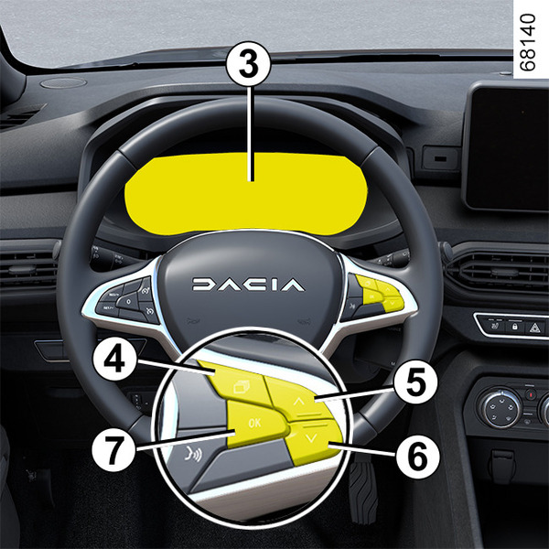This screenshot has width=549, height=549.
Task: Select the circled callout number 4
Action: [x=114, y=360]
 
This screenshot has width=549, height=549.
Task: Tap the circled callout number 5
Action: [x=415, y=382]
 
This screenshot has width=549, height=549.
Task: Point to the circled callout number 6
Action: [x=418, y=455]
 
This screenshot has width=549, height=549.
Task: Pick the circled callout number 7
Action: [x=113, y=449]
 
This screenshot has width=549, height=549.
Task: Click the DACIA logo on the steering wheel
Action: [x=248, y=285]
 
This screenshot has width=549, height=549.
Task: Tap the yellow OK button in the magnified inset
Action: [x=256, y=425]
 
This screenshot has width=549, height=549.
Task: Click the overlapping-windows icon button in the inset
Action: [x=242, y=386]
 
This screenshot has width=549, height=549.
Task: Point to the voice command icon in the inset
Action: [x=193, y=455]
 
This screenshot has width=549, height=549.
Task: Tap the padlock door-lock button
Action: [x=514, y=328]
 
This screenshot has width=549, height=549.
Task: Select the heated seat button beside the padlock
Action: [x=494, y=327]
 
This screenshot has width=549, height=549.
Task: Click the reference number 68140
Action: [x=528, y=42]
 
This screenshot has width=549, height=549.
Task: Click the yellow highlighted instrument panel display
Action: [x=245, y=194]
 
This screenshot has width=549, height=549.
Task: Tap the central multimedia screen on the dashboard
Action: [x=508, y=146]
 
